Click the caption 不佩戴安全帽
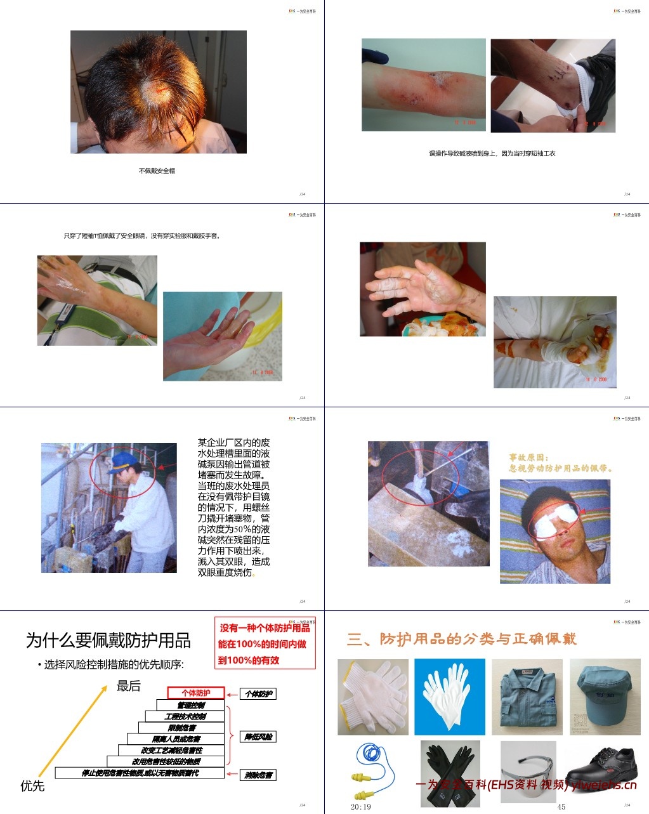tap(157, 171)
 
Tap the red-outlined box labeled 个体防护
tap(196, 693)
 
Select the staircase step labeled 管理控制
tap(190, 705)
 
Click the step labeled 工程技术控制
tap(185, 716)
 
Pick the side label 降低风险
tap(258, 737)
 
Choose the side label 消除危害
tap(258, 775)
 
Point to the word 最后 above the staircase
tap(128, 686)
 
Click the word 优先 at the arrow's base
tap(32, 785)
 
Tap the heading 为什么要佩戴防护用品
tap(108, 640)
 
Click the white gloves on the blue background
tap(449, 696)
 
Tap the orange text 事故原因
tap(528, 457)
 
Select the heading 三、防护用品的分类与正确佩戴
tap(462, 639)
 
